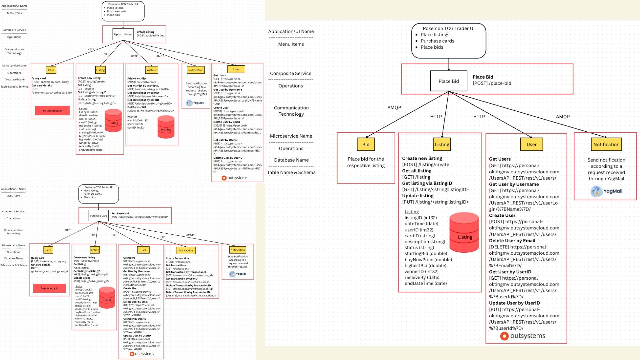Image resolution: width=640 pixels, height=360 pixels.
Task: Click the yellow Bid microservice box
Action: point(366,144)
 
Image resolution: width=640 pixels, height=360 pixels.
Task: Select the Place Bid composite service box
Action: point(448,81)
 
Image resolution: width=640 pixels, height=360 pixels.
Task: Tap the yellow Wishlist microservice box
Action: point(152,70)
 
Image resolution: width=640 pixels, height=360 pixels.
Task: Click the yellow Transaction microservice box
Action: point(186,250)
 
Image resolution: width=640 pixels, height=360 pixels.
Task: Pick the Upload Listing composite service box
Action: point(123,34)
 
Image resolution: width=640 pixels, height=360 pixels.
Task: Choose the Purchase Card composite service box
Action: point(99,216)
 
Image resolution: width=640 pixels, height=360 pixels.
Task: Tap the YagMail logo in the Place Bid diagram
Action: point(606,191)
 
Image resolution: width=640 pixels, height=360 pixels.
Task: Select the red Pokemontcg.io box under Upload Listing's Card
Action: point(52,111)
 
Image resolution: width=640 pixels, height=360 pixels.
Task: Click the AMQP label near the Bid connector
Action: point(394,108)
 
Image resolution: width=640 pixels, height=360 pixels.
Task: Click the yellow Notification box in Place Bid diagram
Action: point(606,144)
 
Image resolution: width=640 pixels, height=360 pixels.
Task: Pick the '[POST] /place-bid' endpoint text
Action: point(492,83)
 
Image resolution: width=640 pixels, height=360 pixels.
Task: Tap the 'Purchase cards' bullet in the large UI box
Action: point(437,41)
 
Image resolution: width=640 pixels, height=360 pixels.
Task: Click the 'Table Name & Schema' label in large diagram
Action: point(291,172)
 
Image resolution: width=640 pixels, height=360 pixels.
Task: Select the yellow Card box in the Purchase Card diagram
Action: point(48,250)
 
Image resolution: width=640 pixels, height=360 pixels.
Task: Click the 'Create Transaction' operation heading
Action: point(177,258)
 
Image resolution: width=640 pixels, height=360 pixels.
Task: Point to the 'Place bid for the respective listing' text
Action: point(366,162)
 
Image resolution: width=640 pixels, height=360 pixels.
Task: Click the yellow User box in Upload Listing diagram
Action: point(236,69)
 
